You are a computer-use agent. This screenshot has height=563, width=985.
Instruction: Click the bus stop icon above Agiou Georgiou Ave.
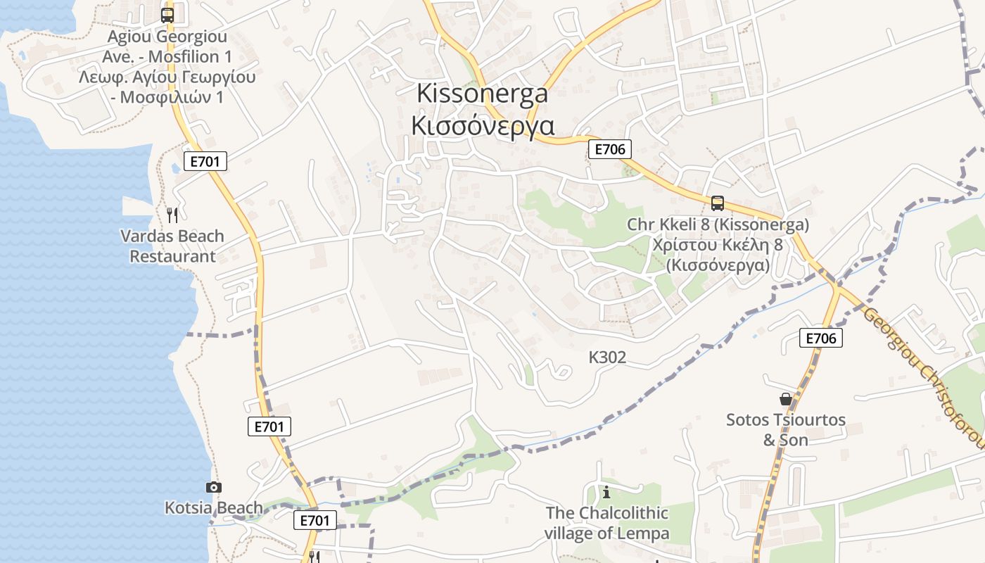pyautogui.click(x=167, y=15)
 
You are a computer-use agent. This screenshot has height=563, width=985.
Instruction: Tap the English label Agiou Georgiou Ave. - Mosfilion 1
pyautogui.click(x=167, y=46)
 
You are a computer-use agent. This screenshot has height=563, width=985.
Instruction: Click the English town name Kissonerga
pyautogui.click(x=482, y=93)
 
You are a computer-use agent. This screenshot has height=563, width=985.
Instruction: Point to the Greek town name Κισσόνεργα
pyautogui.click(x=482, y=125)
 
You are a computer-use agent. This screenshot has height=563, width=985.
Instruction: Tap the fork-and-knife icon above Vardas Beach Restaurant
pyautogui.click(x=172, y=215)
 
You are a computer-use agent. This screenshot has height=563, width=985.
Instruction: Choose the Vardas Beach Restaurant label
pyautogui.click(x=172, y=246)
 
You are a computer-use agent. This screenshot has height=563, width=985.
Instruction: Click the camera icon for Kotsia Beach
pyautogui.click(x=213, y=487)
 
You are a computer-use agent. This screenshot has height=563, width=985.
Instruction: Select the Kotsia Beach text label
pyautogui.click(x=214, y=507)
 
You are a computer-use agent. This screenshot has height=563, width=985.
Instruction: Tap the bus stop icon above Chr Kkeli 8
pyautogui.click(x=717, y=203)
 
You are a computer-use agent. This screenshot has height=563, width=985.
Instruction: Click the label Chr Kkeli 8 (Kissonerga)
pyautogui.click(x=718, y=225)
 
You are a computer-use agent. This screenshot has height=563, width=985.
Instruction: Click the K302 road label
pyautogui.click(x=607, y=358)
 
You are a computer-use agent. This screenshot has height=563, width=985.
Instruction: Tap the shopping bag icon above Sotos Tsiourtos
pyautogui.click(x=786, y=399)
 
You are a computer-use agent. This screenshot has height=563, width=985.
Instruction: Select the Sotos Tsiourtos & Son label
pyautogui.click(x=786, y=429)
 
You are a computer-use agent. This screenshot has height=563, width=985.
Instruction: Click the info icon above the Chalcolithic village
pyautogui.click(x=606, y=492)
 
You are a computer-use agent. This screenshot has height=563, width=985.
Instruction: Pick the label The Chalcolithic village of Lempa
pyautogui.click(x=606, y=523)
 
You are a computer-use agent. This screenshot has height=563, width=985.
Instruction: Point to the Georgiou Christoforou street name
pyautogui.click(x=924, y=377)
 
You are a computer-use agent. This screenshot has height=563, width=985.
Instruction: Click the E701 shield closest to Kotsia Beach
pyautogui.click(x=314, y=520)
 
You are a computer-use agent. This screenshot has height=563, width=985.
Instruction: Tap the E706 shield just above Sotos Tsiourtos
pyautogui.click(x=820, y=339)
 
